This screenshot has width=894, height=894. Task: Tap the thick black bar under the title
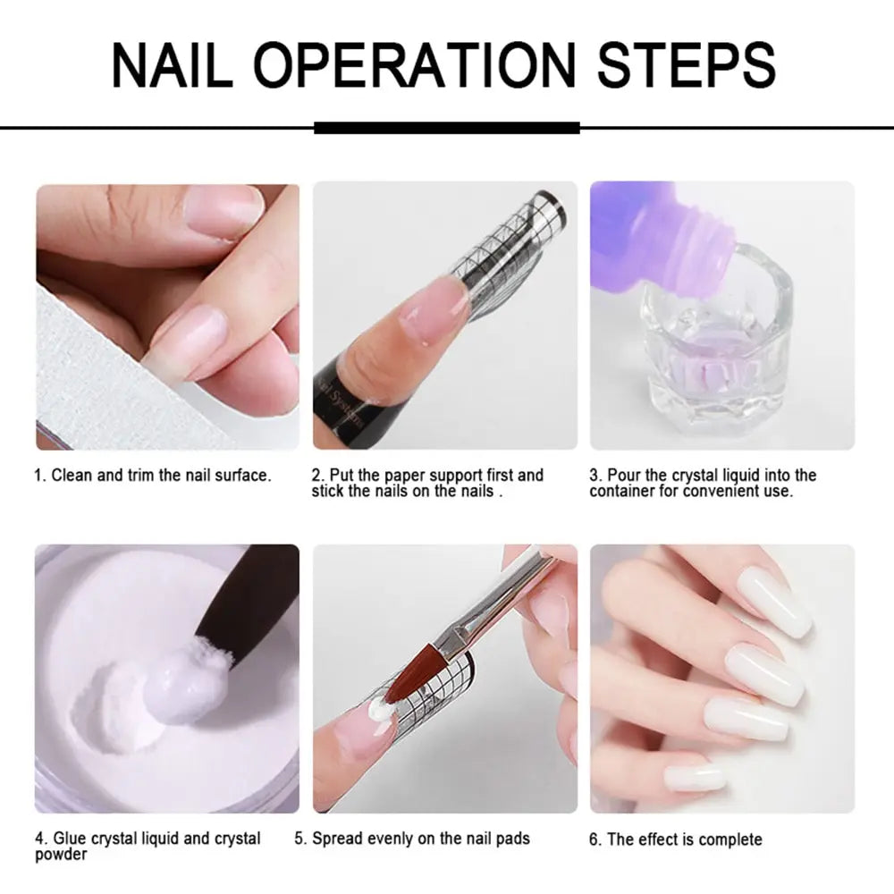pyautogui.click(x=447, y=128)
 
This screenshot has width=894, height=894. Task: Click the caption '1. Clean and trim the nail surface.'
pyautogui.click(x=152, y=475)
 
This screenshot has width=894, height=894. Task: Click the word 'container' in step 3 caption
pyautogui.click(x=622, y=491)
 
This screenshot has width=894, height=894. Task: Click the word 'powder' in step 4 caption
pyautogui.click(x=61, y=855)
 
